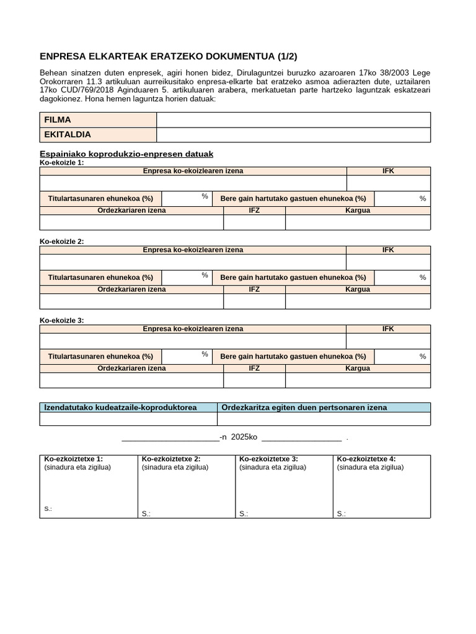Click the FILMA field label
click(x=58, y=119)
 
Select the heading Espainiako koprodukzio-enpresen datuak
click(x=126, y=154)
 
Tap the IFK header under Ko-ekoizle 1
click(x=388, y=171)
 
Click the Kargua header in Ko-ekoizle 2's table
click(x=358, y=289)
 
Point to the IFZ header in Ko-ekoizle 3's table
click(x=254, y=368)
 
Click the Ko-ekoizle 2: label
click(x=61, y=241)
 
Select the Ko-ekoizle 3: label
click(x=61, y=321)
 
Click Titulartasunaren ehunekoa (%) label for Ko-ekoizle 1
click(x=100, y=199)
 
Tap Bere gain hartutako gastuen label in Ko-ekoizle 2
click(x=293, y=278)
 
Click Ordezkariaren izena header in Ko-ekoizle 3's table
click(x=131, y=368)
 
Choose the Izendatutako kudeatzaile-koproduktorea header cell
click(x=121, y=407)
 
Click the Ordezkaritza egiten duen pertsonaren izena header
click(x=304, y=407)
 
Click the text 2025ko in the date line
click(x=244, y=437)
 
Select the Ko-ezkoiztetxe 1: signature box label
click(x=73, y=459)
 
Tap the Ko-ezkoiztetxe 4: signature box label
click(x=366, y=459)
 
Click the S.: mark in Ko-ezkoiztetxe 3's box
click(x=244, y=514)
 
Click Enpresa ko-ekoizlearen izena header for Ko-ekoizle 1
click(x=193, y=171)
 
